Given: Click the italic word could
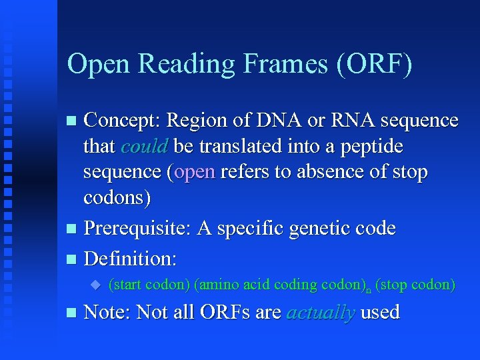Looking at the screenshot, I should pyautogui.click(x=144, y=146).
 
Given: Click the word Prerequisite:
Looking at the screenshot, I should pyautogui.click(x=137, y=229).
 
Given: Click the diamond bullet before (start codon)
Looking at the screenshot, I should pyautogui.click(x=95, y=285).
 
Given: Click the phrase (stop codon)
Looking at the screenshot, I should pyautogui.click(x=415, y=285).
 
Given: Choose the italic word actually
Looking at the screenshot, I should pyautogui.click(x=320, y=313).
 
